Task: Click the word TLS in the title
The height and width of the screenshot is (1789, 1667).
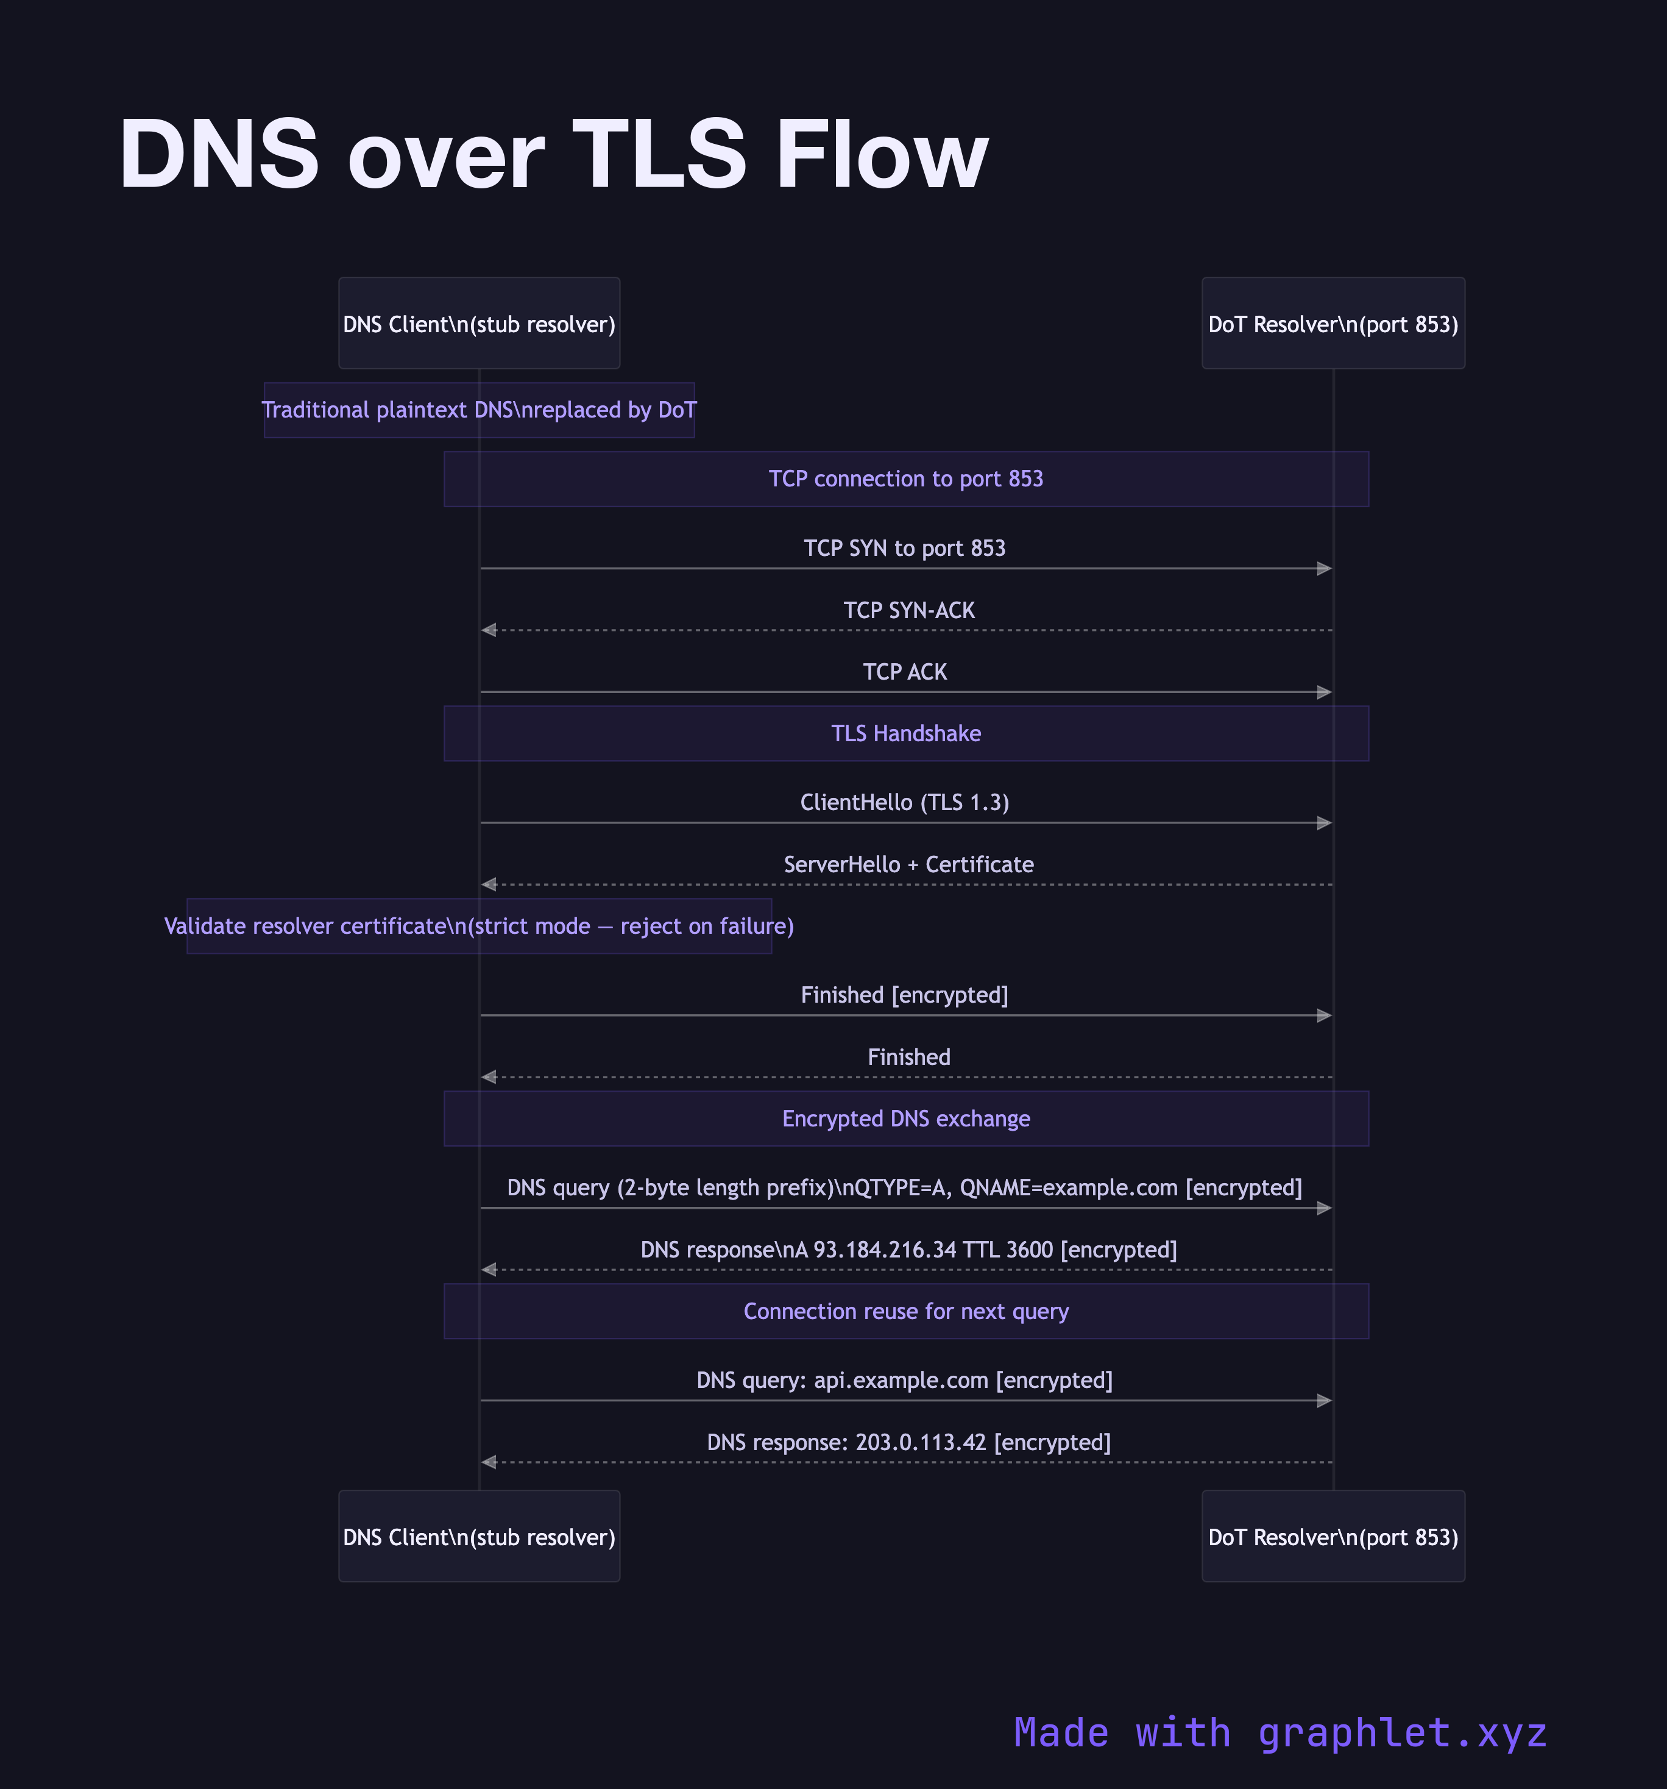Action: (x=659, y=155)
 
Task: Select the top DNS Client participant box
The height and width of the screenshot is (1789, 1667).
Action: (x=479, y=323)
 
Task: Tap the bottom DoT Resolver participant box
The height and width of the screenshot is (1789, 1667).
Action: (x=1333, y=1536)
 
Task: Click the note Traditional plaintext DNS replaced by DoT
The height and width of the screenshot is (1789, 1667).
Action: (x=479, y=410)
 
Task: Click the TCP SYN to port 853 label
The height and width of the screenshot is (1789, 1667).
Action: (x=904, y=548)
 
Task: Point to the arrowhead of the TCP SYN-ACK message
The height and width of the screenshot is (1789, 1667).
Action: (x=489, y=630)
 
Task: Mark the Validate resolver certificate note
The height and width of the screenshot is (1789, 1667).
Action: (x=479, y=926)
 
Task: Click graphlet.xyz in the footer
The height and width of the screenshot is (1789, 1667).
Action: (x=1401, y=1733)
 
